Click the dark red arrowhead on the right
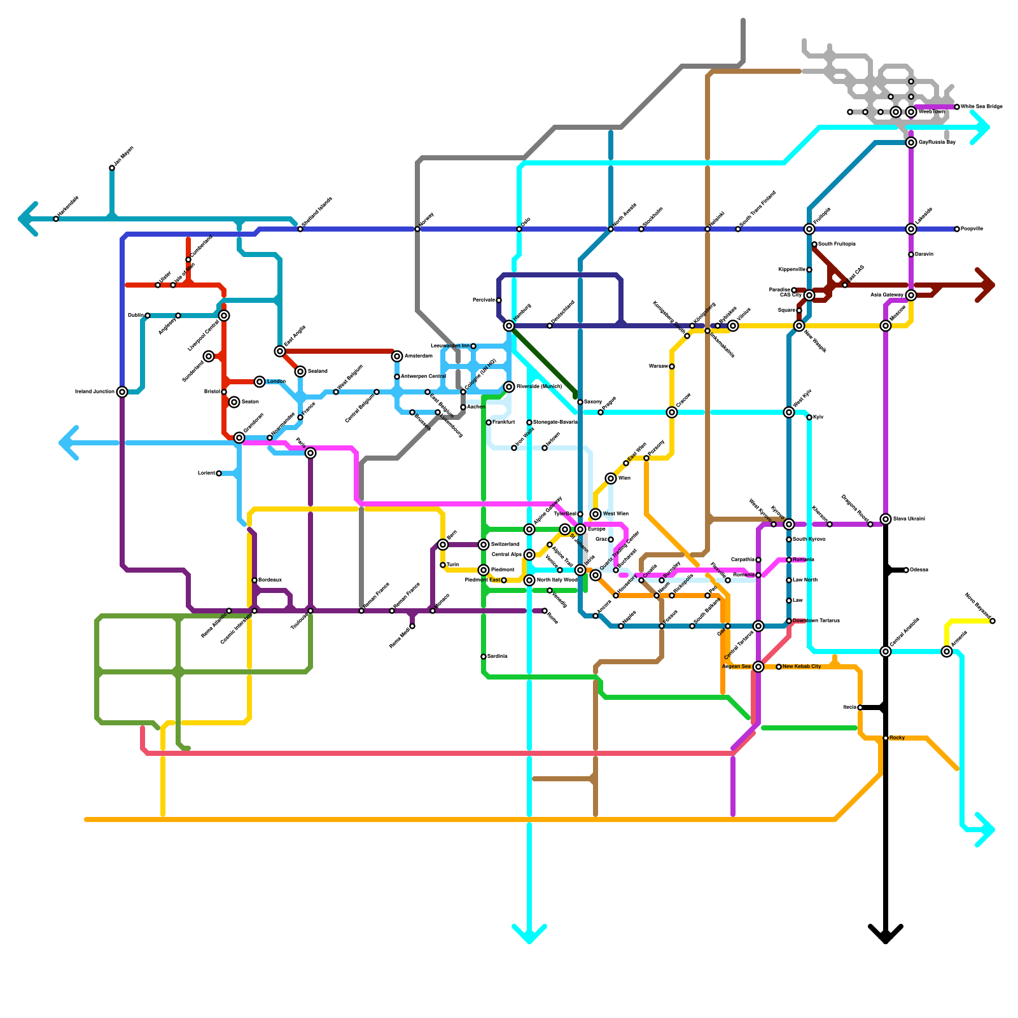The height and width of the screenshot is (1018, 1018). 986,285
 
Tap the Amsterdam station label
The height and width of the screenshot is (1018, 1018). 418,356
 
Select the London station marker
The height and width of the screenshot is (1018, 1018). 260,382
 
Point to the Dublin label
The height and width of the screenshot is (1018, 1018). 135,316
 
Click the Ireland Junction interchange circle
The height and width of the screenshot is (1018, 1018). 122,392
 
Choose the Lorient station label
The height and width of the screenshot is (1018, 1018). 206,473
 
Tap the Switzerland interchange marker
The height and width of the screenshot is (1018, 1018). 484,545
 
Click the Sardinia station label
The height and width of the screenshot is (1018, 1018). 497,657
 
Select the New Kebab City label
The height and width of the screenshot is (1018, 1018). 802,667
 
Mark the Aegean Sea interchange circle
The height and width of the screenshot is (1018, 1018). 758,667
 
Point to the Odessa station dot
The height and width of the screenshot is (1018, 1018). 906,570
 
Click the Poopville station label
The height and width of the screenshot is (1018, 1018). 972,229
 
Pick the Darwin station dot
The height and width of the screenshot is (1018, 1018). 911,254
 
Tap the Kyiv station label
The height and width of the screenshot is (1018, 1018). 818,417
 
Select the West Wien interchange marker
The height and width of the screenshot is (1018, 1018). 596,514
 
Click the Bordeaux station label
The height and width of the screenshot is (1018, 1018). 270,580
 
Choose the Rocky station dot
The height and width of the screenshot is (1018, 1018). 886,738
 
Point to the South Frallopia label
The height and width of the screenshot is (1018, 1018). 837,244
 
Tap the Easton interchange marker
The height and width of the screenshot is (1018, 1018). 234,402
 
